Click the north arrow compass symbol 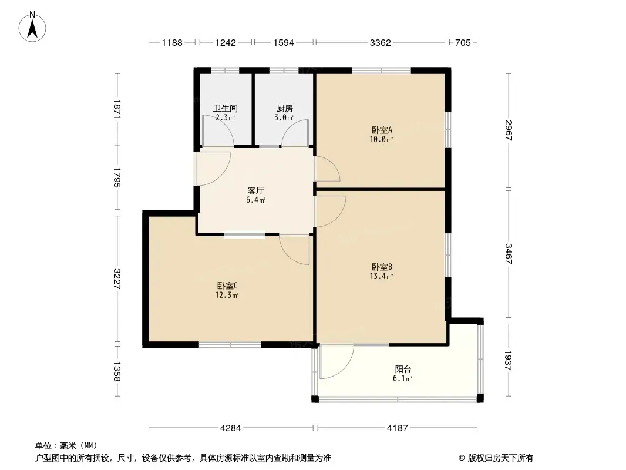[32, 27]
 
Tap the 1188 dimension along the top [172, 42]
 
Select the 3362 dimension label [380, 42]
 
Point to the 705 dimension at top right [463, 42]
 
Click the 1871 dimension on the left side [117, 109]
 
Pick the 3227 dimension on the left [117, 278]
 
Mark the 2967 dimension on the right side [508, 130]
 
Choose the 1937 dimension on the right [508, 361]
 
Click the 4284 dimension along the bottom [231, 428]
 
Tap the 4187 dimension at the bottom [397, 428]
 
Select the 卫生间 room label [225, 108]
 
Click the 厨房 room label [285, 108]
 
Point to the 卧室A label [382, 130]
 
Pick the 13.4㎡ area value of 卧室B [381, 276]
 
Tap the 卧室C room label [227, 286]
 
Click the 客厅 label [255, 190]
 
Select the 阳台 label [403, 370]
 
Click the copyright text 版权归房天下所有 [500, 458]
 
